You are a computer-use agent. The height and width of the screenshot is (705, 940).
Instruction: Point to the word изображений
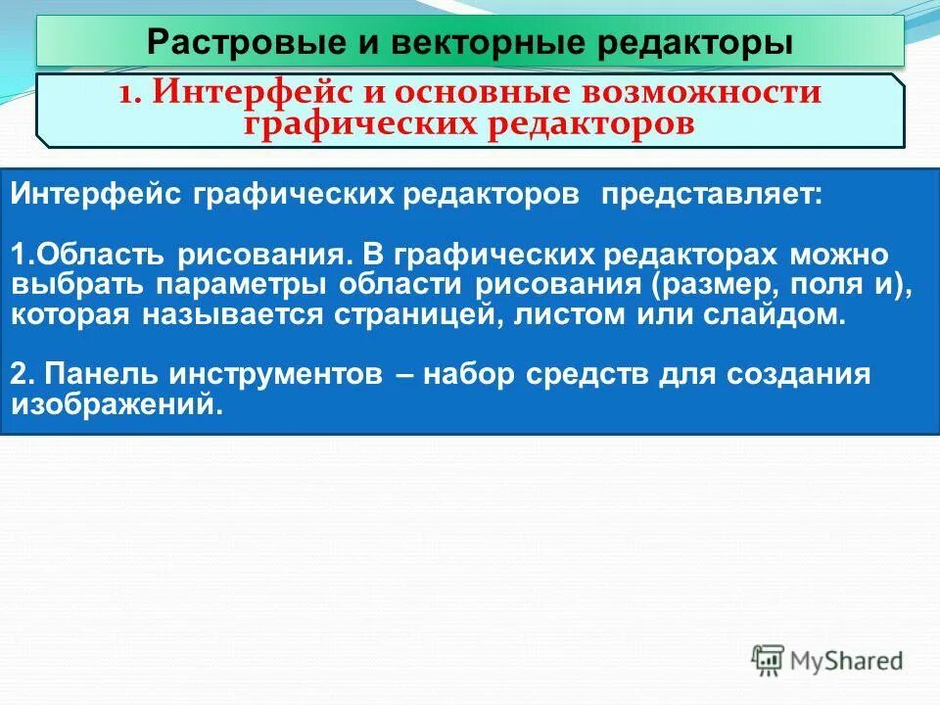click(x=113, y=405)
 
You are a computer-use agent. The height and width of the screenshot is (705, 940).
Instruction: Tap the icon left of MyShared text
click(x=769, y=661)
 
